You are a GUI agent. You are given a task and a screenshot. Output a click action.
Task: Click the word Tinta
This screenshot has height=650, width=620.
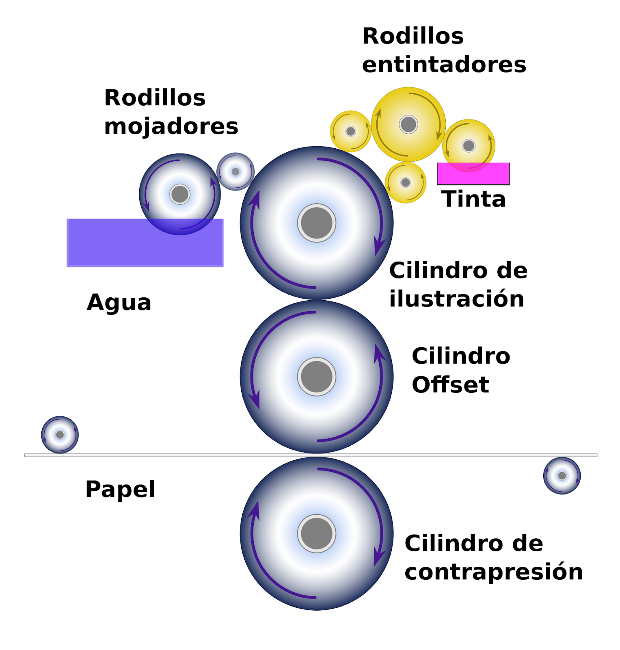point(473,199)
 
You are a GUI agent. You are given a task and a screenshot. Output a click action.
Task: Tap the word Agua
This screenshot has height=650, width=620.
point(119,303)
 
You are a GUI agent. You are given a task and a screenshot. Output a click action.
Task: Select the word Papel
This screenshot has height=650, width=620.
point(120,489)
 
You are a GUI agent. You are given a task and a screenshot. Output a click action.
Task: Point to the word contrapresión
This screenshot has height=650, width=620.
point(494,572)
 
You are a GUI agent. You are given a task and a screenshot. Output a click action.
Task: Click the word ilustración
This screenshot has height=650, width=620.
point(456,299)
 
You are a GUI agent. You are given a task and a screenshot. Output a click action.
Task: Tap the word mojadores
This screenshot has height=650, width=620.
point(171,126)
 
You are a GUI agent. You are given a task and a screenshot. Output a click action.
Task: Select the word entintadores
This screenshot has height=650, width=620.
point(444,65)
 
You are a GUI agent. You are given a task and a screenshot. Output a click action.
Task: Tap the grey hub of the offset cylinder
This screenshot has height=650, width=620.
point(316,377)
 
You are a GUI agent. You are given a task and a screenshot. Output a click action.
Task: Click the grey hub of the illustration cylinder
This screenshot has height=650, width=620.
point(316,223)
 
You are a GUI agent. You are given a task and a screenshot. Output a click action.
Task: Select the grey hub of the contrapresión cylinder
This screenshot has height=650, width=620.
point(316,533)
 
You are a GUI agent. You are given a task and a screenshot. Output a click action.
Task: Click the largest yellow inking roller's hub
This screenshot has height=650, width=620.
point(408,124)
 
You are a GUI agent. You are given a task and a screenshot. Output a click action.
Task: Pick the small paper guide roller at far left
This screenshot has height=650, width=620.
point(60,435)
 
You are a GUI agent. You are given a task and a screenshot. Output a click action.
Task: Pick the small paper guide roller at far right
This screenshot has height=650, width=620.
point(562,475)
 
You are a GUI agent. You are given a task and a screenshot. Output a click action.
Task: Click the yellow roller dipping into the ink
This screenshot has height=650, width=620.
point(469,145)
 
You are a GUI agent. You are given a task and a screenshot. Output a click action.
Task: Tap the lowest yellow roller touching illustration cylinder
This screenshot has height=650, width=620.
point(405,182)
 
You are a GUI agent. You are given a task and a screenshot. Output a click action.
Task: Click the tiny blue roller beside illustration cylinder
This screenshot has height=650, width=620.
point(235,171)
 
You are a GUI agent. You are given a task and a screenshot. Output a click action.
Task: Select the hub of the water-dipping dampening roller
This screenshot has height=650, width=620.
point(180,194)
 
